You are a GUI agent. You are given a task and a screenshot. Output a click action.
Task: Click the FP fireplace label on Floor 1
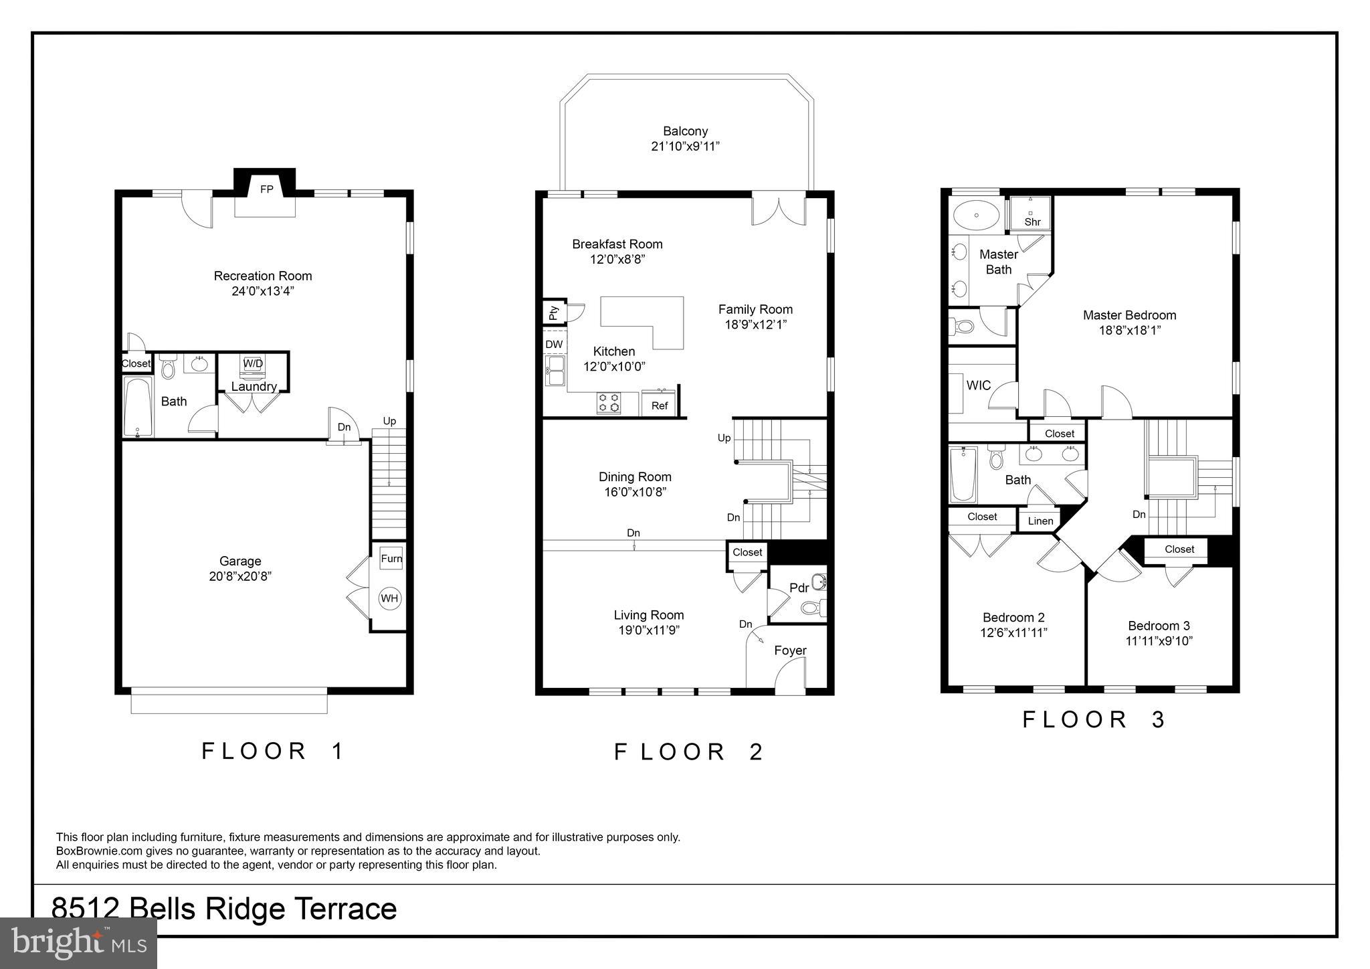(x=266, y=189)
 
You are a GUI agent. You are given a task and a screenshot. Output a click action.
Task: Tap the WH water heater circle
(x=390, y=598)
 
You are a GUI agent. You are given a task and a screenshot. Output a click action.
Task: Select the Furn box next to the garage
(x=391, y=559)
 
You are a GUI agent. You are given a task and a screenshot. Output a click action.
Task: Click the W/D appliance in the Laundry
(x=253, y=364)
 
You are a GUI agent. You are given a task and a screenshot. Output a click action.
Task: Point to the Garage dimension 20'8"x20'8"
(x=240, y=576)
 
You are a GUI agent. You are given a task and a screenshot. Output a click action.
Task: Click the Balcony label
(x=685, y=131)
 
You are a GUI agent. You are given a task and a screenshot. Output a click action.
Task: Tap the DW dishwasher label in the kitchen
(x=554, y=345)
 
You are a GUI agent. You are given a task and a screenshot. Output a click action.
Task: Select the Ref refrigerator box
(x=660, y=405)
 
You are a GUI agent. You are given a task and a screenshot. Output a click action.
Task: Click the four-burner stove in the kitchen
(x=609, y=402)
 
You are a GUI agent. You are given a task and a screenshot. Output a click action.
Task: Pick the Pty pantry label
(x=554, y=312)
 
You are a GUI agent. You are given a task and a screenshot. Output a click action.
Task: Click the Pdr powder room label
(x=799, y=588)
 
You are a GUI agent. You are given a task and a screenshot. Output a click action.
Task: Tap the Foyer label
(x=790, y=650)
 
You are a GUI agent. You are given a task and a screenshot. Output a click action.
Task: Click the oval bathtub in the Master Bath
(x=977, y=215)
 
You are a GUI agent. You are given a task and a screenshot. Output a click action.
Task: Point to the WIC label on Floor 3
(x=978, y=385)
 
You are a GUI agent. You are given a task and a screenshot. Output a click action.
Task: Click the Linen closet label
(x=1040, y=521)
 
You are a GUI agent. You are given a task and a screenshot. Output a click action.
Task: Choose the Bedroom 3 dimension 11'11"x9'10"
(x=1159, y=640)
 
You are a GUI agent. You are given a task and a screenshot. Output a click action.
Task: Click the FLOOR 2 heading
(x=689, y=752)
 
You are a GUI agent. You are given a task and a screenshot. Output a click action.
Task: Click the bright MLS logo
(x=79, y=943)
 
